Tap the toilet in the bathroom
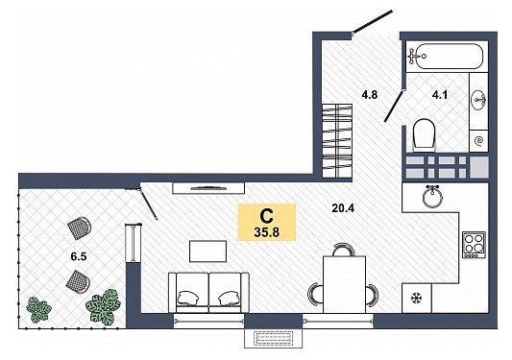(425, 135)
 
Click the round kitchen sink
(432, 197)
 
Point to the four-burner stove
(474, 245)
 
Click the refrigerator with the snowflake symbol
(417, 298)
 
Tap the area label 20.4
(343, 208)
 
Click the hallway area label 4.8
(369, 95)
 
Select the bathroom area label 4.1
(440, 95)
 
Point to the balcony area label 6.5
(79, 256)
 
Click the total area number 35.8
(266, 232)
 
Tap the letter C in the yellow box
(266, 216)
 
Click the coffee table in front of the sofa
(207, 251)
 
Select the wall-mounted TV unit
(208, 188)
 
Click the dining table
(344, 284)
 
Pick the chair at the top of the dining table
(344, 250)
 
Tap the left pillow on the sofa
(188, 298)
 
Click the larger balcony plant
(103, 306)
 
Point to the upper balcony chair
(80, 227)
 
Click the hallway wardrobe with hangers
(337, 141)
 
